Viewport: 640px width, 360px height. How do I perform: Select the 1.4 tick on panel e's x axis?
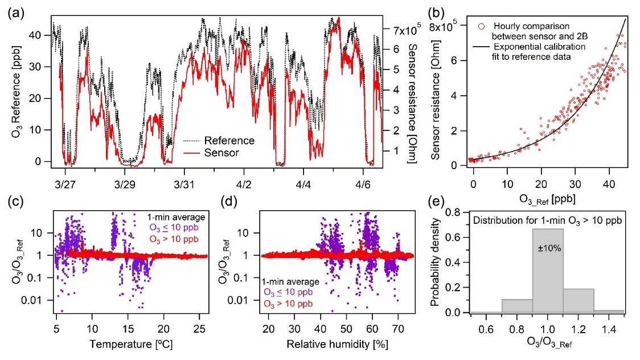(x=610, y=329)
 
